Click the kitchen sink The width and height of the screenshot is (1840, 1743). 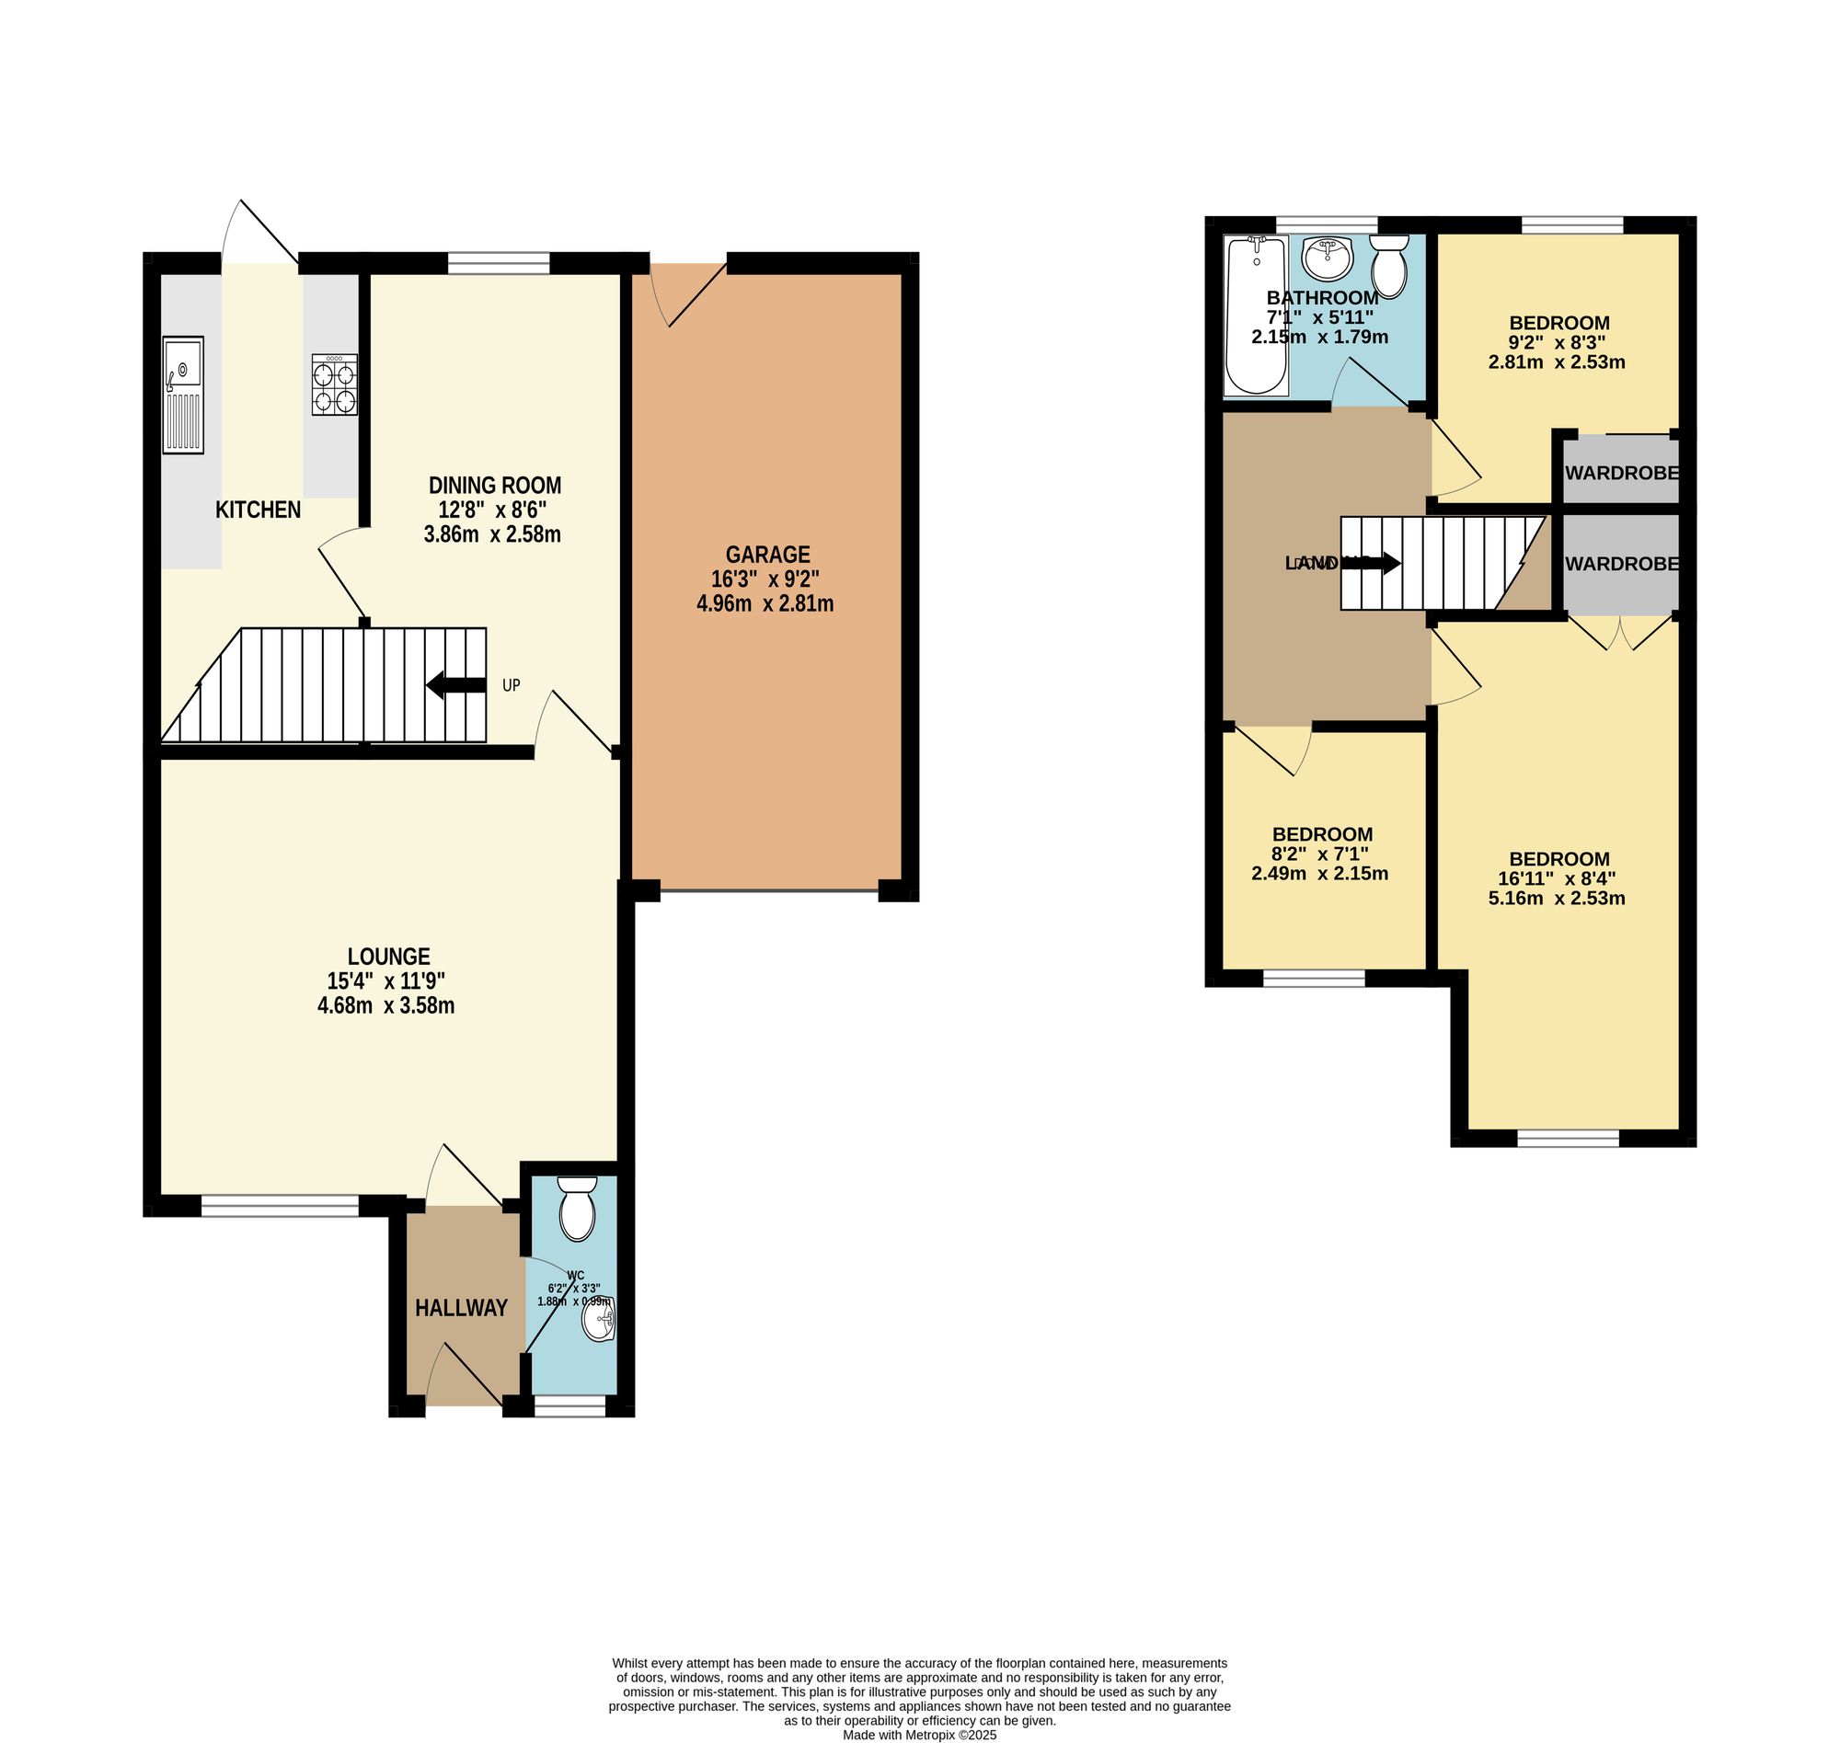(182, 395)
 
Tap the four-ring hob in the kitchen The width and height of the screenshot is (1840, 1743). (335, 384)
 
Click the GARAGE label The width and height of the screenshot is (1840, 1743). (767, 555)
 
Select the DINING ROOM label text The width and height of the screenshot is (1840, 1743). (494, 485)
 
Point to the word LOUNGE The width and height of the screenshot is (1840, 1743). (388, 956)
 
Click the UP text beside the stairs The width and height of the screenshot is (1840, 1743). (512, 685)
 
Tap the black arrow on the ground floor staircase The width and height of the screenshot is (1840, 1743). (455, 685)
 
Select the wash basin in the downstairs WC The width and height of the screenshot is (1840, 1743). (597, 1320)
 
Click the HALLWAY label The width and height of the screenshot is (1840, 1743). (461, 1308)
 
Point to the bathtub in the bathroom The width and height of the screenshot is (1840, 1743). (1256, 315)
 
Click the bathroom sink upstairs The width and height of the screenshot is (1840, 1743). (1327, 258)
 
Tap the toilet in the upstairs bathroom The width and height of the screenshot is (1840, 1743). (1389, 266)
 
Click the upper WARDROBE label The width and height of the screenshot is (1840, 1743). (1622, 473)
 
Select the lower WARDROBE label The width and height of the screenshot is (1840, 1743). (1622, 564)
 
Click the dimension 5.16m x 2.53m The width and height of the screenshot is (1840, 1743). (1557, 899)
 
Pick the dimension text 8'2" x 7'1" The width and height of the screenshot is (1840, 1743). (1319, 854)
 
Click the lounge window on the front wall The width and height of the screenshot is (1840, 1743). (280, 1206)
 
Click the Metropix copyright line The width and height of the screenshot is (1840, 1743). (919, 1735)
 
